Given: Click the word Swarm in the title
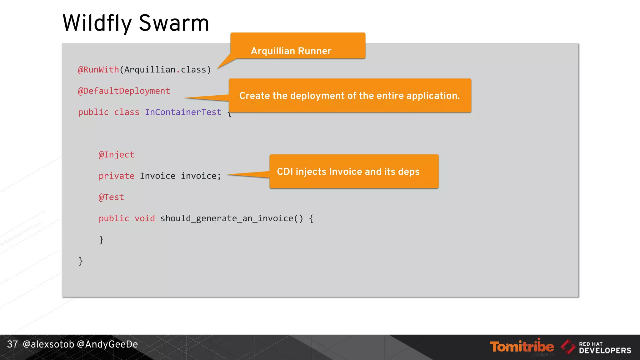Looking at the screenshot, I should [174, 23].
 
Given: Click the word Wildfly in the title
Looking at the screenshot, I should [97, 23].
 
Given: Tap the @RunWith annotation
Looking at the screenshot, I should [98, 69].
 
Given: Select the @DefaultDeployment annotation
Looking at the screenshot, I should [124, 91].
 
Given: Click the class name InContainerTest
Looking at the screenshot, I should [183, 112].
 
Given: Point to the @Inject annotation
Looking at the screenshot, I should [116, 155].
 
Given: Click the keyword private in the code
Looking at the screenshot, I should [116, 176].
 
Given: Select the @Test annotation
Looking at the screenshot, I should [111, 197].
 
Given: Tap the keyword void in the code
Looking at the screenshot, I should [145, 218].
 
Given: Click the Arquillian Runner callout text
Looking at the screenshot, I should [291, 51].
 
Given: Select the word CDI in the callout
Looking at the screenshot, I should [285, 172].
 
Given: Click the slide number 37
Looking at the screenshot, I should [12, 344].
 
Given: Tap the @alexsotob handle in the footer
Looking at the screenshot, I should [48, 344].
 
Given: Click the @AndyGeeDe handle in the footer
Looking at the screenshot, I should [107, 344].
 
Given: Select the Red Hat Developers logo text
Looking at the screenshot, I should [605, 348].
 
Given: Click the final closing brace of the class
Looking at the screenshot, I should [81, 261].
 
